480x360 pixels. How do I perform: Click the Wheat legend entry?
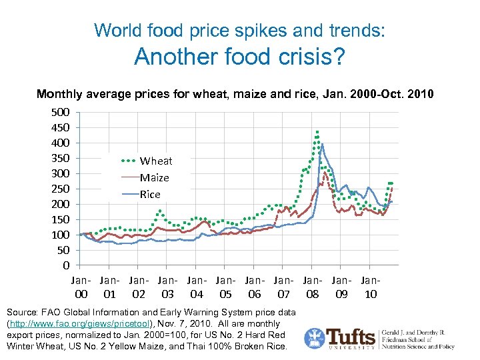point(155,161)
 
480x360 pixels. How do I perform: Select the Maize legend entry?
point(154,177)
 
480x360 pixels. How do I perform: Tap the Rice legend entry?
point(150,194)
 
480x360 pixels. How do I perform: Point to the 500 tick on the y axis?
point(61,112)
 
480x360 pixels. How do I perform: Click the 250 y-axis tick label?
point(61,189)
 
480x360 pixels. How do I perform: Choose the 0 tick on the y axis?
point(65,265)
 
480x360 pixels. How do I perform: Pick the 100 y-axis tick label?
point(61,235)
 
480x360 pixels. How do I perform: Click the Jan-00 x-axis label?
point(81,287)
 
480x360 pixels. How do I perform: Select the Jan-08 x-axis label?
point(312,287)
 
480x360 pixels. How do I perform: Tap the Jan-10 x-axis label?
point(370,287)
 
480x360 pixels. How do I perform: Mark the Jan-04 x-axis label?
point(197,287)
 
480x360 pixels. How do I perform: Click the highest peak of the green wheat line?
point(317,131)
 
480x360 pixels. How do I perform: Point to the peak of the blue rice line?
point(323,143)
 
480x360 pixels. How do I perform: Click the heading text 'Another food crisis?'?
point(239,57)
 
